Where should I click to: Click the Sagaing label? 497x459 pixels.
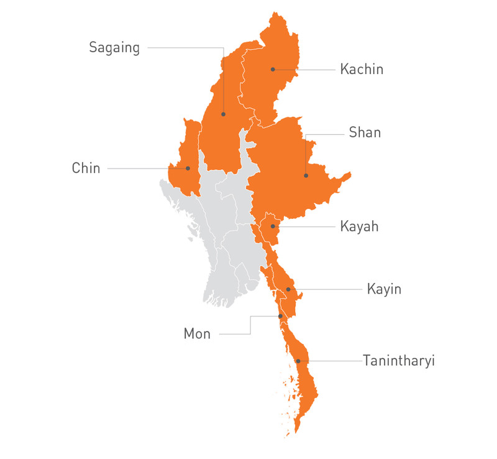pyautogui.click(x=114, y=48)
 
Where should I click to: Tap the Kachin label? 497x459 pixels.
pyautogui.click(x=362, y=69)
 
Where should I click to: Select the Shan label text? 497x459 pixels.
pyautogui.click(x=365, y=132)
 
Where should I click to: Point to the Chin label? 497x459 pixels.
pyautogui.click(x=86, y=168)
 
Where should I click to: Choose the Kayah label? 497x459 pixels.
pyautogui.click(x=359, y=226)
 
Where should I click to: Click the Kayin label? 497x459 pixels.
pyautogui.click(x=384, y=289)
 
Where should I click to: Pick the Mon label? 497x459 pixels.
pyautogui.click(x=197, y=334)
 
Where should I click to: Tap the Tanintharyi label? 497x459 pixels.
pyautogui.click(x=399, y=361)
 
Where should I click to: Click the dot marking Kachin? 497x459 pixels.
pyautogui.click(x=273, y=69)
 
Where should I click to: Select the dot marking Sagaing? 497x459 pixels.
pyautogui.click(x=223, y=114)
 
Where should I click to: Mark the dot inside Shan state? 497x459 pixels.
pyautogui.click(x=306, y=175)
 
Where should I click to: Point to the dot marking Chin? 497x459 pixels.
pyautogui.click(x=188, y=168)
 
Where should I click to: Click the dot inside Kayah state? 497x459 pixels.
pyautogui.click(x=273, y=226)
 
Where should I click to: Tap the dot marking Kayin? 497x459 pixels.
pyautogui.click(x=288, y=289)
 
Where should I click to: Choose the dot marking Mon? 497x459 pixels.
pyautogui.click(x=280, y=317)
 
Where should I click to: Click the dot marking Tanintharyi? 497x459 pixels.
pyautogui.click(x=298, y=361)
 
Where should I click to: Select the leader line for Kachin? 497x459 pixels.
pyautogui.click(x=304, y=69)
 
